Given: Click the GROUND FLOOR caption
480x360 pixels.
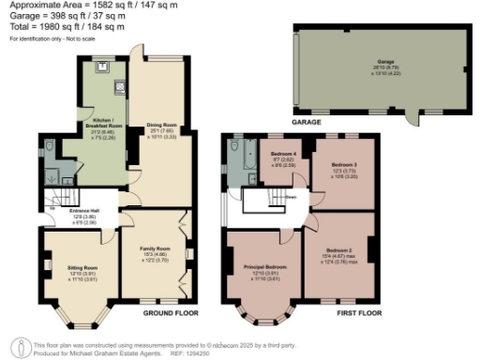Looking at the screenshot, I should point(169,312).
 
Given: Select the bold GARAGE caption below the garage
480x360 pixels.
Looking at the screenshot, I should point(306,122).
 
